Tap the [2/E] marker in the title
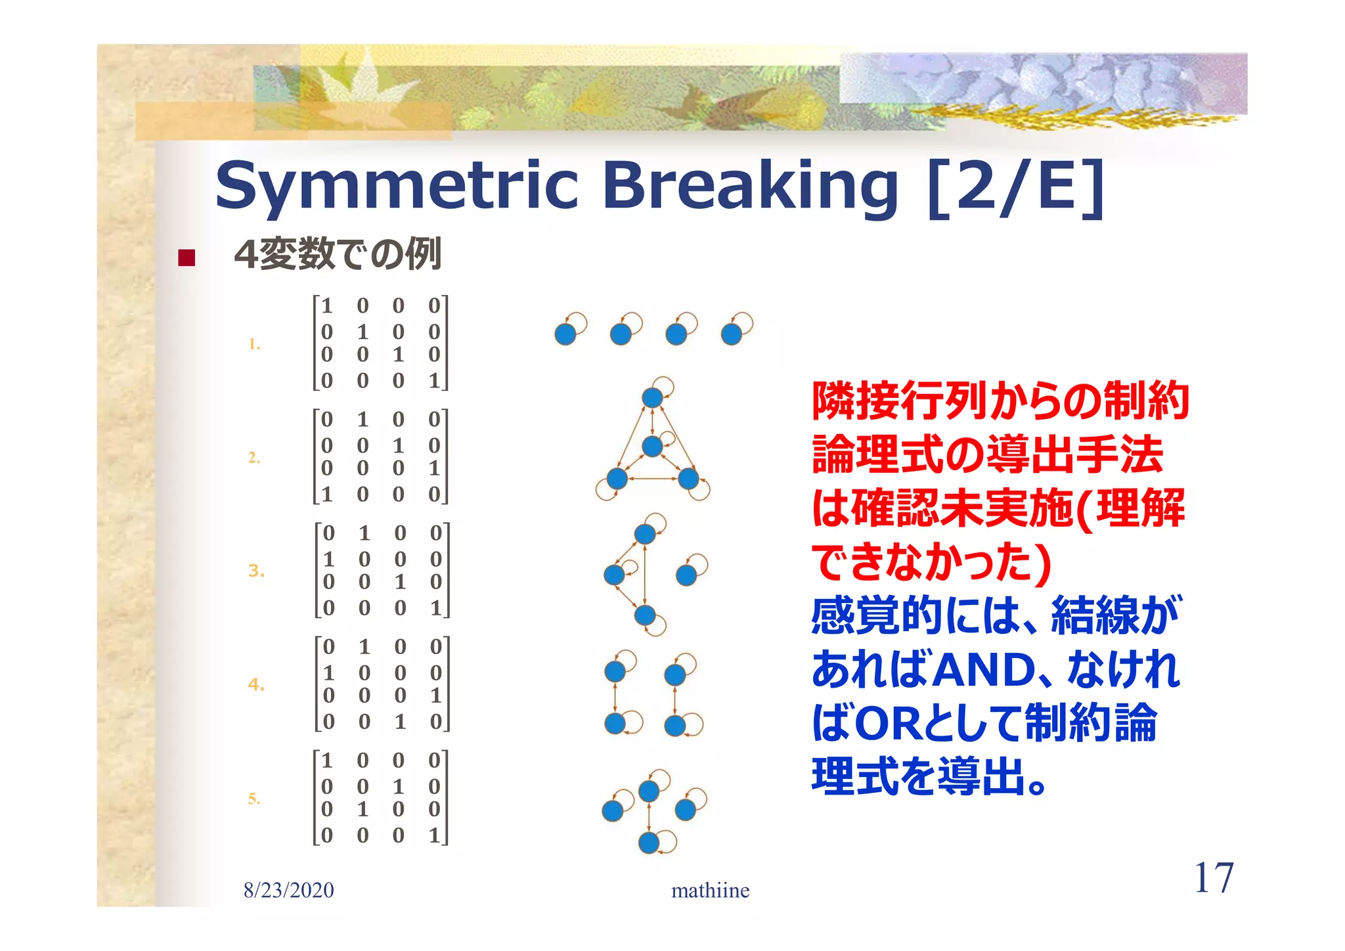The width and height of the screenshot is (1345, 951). [1016, 186]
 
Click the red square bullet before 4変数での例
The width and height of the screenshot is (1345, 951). [187, 257]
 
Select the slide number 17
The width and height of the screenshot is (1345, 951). [1213, 878]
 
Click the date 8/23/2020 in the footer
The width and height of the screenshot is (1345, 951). [288, 891]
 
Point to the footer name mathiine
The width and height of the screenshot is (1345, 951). [710, 891]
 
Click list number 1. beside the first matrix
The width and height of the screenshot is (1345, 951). [254, 343]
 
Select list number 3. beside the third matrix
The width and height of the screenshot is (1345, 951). [256, 571]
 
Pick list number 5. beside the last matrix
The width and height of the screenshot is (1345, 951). [254, 799]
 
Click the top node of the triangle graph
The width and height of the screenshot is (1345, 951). [651, 397]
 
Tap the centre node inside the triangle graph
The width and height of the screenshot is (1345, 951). [651, 447]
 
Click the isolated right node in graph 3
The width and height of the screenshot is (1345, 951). [686, 575]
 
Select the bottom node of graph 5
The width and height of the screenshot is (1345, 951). [648, 842]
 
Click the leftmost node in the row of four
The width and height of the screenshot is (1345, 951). [565, 334]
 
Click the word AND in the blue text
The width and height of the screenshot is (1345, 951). [983, 670]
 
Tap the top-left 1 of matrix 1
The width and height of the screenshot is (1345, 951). [326, 306]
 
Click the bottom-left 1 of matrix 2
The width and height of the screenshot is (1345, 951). [326, 494]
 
